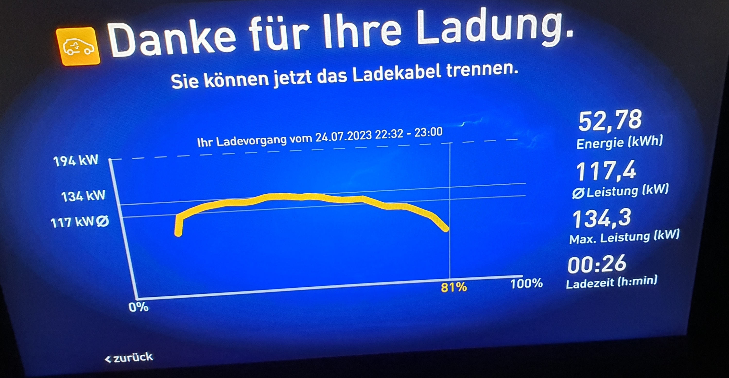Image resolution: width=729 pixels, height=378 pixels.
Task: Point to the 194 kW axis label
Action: pos(76,161)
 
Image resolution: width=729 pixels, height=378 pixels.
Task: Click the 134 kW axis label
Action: pos(83,196)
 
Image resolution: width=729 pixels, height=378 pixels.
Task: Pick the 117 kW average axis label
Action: pos(79,222)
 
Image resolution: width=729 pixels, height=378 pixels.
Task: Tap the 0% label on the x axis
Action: pos(138,307)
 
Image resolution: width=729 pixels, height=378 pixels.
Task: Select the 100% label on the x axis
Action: pos(526,283)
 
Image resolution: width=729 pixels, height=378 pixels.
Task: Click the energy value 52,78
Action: pos(610,121)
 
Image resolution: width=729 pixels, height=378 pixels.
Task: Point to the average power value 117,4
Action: pos(606,172)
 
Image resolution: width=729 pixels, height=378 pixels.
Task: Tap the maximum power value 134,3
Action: pos(602,218)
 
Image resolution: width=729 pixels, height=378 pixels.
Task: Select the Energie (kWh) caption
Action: pos(619,142)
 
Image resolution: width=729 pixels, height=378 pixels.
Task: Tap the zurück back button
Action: pos(129,358)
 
